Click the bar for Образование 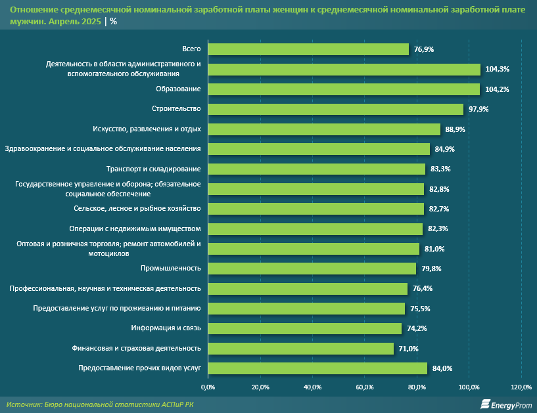[344, 89]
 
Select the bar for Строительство [336, 109]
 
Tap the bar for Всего [308, 49]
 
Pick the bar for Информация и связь [305, 328]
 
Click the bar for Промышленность [312, 269]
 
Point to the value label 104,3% [498, 69]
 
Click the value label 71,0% [408, 349]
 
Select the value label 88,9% [455, 129]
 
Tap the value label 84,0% [442, 368]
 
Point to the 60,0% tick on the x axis [365, 386]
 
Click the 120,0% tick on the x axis [521, 386]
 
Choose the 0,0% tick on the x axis [208, 386]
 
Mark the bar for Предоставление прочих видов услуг [317, 368]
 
